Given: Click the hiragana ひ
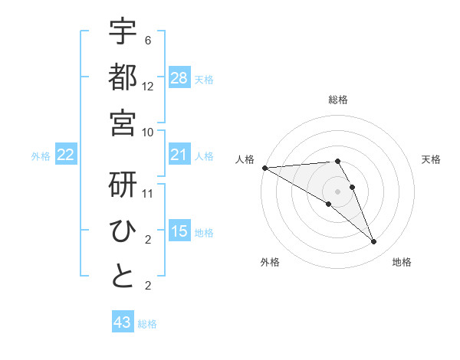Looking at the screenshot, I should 123,230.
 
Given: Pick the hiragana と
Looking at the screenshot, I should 123,276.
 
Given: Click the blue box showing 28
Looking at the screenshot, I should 179,78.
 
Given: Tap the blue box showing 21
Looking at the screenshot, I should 179,155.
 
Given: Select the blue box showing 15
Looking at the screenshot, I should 179,231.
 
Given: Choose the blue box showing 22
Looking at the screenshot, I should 65,155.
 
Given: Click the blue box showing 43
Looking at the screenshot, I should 122,322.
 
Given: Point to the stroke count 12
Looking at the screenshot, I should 148,86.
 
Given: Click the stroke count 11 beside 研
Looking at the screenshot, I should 148,193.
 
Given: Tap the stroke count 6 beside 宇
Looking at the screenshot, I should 148,41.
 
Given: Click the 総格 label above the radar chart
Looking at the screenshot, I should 338,100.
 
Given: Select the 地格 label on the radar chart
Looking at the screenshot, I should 402,263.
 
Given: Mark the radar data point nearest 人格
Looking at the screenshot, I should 264,168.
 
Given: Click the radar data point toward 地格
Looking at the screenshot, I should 373,242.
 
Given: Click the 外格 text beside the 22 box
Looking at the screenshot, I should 41,156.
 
